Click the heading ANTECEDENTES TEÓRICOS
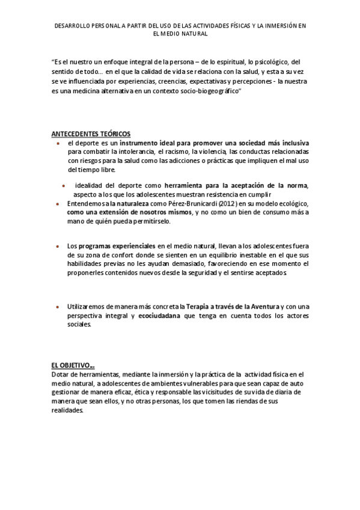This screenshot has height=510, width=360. point(90,133)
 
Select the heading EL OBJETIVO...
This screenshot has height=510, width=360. point(72,364)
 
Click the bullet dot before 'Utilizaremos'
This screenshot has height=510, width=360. point(57,307)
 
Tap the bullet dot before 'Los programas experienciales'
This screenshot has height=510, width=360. point(57,247)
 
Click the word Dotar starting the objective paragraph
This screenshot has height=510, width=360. point(61,374)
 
